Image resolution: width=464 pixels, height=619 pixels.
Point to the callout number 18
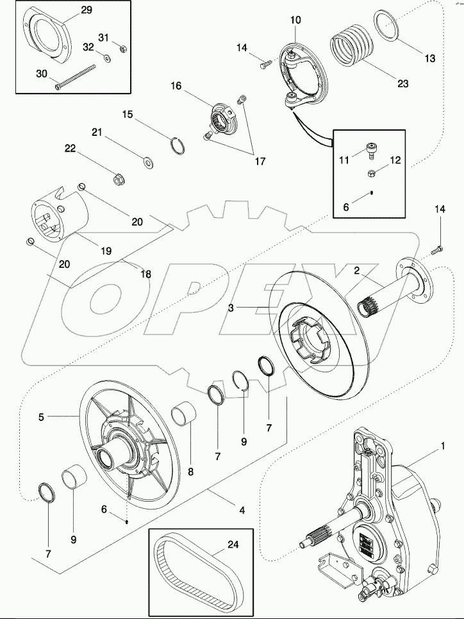pyautogui.click(x=146, y=274)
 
